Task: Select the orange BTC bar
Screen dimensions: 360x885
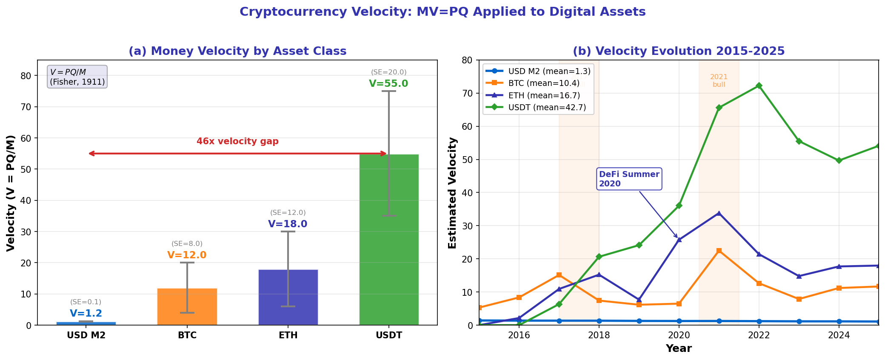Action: (x=187, y=307)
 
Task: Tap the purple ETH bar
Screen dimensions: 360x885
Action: (x=288, y=297)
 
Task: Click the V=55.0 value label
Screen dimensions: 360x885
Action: (x=388, y=84)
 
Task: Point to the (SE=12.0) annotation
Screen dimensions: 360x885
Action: (x=288, y=213)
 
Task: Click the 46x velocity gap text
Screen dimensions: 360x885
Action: (x=237, y=142)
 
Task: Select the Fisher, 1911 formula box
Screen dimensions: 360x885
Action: (x=77, y=77)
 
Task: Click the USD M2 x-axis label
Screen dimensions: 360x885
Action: (x=86, y=336)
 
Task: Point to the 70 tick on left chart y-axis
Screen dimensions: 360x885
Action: (x=26, y=107)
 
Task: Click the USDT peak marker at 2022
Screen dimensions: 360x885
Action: (x=759, y=86)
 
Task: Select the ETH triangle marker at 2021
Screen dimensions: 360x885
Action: (x=719, y=213)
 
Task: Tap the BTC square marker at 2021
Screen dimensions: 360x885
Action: (x=719, y=251)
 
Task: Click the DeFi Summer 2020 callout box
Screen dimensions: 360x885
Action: (x=629, y=179)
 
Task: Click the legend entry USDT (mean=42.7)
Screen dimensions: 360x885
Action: (x=547, y=108)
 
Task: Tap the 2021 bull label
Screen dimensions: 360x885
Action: (x=719, y=80)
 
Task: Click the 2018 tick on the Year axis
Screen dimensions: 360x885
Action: (x=599, y=336)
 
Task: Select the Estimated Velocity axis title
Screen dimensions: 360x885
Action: (x=452, y=193)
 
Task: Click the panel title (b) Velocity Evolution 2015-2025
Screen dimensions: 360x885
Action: (x=679, y=51)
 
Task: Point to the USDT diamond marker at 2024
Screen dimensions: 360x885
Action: (x=839, y=160)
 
